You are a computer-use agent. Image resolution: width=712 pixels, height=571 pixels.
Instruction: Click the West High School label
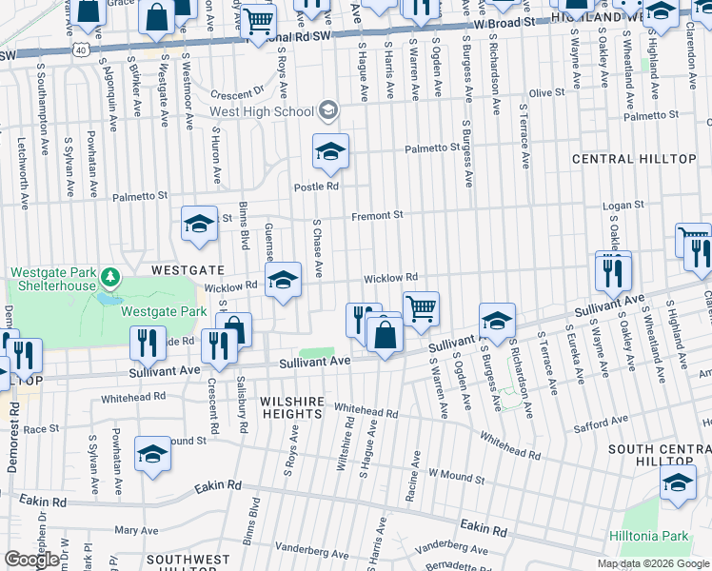262,111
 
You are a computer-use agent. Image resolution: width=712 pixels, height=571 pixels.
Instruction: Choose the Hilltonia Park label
650,536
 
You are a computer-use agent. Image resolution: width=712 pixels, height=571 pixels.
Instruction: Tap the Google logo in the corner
30,560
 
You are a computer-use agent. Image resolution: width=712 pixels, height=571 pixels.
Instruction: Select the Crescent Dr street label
237,94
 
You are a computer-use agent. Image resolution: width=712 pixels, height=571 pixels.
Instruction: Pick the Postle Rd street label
316,187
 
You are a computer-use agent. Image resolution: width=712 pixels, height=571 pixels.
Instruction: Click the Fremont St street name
377,216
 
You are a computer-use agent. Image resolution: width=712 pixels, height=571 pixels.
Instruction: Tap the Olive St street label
546,92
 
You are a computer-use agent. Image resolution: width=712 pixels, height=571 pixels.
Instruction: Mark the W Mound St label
457,473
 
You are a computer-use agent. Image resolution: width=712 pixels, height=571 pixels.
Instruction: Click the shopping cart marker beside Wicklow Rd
421,308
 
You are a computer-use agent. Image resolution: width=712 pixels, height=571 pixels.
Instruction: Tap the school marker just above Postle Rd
330,150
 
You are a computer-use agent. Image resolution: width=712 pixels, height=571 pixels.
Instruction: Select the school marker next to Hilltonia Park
678,483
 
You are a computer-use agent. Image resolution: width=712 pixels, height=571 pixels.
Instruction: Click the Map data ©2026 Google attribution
653,563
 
